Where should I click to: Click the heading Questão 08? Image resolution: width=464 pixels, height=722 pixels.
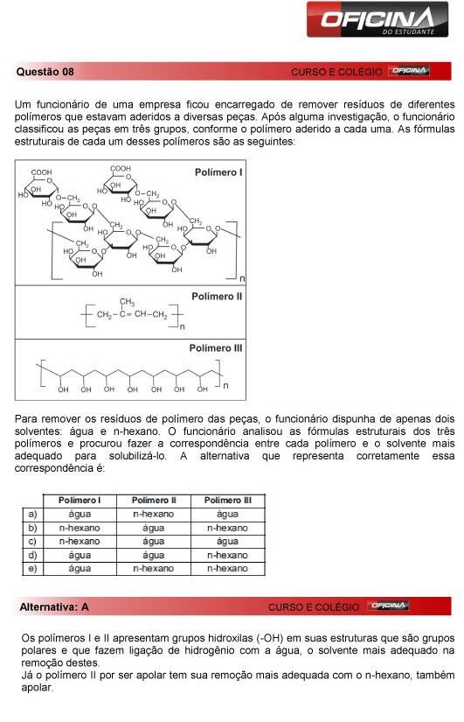click(45, 71)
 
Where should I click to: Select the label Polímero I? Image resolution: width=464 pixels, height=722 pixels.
click(218, 173)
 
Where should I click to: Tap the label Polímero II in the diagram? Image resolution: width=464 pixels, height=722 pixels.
click(217, 297)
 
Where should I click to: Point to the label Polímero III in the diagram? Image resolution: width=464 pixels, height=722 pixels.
click(218, 348)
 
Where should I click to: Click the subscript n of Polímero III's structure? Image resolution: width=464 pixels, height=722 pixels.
click(225, 385)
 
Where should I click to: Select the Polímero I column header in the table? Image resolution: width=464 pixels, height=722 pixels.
click(80, 500)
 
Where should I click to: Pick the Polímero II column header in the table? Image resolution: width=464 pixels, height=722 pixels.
click(153, 500)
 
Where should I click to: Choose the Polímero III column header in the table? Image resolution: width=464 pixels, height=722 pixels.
click(227, 500)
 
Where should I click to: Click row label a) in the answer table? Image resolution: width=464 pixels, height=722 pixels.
click(32, 514)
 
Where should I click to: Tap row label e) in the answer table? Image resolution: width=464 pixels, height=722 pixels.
click(32, 569)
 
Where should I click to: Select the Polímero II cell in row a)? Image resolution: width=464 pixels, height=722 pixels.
click(153, 514)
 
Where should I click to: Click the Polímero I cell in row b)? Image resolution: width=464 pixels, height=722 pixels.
click(80, 528)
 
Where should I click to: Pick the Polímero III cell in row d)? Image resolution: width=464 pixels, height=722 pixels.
click(227, 555)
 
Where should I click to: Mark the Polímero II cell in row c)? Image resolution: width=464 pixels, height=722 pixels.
click(153, 542)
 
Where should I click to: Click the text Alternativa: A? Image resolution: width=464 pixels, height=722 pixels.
click(54, 606)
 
